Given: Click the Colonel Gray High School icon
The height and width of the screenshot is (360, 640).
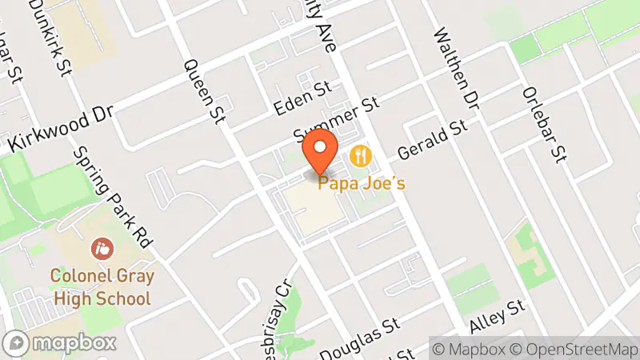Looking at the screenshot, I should (102, 248).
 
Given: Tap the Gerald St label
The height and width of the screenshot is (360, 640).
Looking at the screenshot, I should (432, 137).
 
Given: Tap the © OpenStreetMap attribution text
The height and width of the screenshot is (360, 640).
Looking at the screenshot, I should (578, 350).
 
